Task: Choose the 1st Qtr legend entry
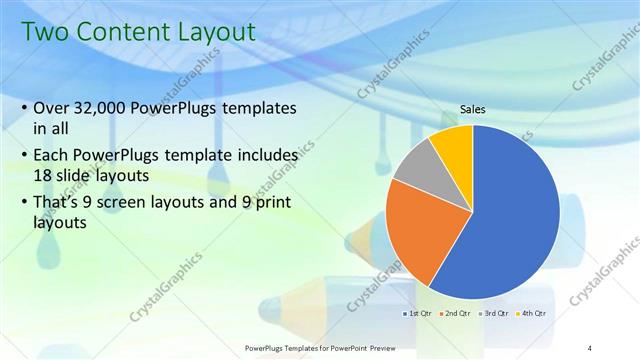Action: tap(420, 313)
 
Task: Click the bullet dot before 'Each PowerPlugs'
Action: tap(24, 157)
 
